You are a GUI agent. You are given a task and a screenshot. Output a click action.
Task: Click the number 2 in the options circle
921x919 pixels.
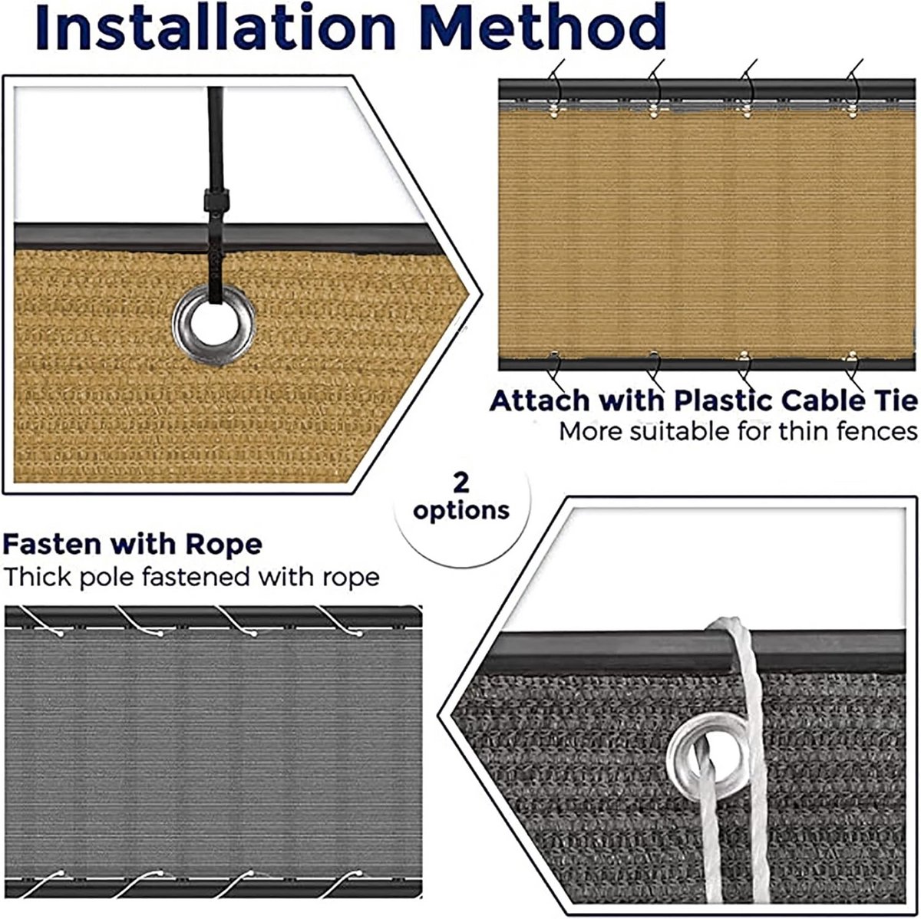tap(460, 483)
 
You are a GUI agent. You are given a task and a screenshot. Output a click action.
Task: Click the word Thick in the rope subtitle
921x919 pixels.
tap(38, 577)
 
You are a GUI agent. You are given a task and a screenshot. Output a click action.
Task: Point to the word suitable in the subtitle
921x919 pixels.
tap(682, 431)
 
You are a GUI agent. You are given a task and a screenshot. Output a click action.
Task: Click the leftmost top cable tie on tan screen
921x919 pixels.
tap(556, 89)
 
